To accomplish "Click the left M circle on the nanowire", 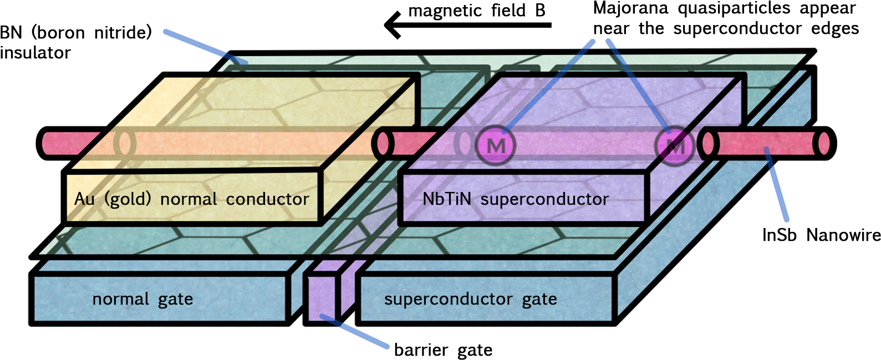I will (x=496, y=145).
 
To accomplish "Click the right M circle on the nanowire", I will (x=674, y=147).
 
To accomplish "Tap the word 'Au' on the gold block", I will (x=84, y=199).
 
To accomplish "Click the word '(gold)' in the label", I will (x=128, y=199).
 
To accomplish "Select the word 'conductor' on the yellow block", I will (x=267, y=199).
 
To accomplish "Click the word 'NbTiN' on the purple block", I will (x=446, y=199).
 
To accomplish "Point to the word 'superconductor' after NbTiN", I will (x=544, y=199).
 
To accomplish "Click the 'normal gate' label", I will (x=142, y=300).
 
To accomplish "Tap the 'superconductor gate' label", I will (x=470, y=300).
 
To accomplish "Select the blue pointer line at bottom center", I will (x=355, y=332).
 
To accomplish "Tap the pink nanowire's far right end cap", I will (x=824, y=143).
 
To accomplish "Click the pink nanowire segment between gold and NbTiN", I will (x=408, y=143).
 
